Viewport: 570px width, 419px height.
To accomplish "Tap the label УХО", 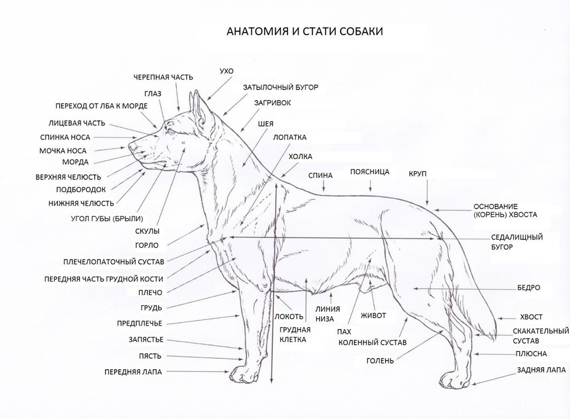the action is [226, 71].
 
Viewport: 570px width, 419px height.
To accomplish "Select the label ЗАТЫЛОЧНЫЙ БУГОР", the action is [281, 88].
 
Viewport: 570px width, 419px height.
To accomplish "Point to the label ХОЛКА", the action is [300, 157].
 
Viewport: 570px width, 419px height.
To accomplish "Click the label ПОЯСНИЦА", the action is [370, 172].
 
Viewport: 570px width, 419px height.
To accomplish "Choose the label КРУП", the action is [417, 174].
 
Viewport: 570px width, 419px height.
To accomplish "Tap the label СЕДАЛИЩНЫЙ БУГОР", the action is [517, 242].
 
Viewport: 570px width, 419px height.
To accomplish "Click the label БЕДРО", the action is [528, 288].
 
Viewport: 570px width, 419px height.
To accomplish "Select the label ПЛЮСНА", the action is [531, 354].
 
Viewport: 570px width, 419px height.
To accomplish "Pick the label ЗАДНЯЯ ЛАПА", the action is [541, 370].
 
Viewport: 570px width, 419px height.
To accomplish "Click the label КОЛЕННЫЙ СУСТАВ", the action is [372, 343].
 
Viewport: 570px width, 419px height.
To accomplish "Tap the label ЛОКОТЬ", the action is [289, 317].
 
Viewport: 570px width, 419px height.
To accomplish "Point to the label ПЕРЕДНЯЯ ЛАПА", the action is [133, 372].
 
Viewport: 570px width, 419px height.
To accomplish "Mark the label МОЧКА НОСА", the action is [63, 151].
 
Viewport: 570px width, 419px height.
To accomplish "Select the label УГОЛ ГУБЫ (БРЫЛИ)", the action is [107, 219].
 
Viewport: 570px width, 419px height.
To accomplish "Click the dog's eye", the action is [170, 130].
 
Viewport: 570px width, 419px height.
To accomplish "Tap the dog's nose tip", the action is [131, 147].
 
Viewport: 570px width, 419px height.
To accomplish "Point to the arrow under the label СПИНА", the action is [324, 186].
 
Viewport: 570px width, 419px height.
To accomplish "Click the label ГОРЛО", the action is [147, 245].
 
